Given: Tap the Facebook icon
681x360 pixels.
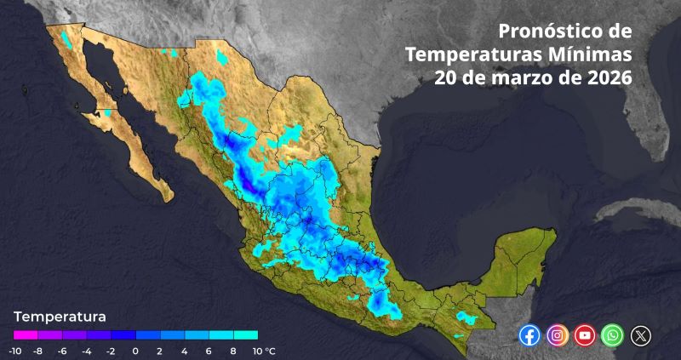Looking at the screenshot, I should coord(529,335).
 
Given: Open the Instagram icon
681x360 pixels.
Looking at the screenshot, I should coord(557,335).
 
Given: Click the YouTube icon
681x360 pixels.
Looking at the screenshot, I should coord(584,335).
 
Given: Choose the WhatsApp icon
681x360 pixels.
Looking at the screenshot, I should coord(612,335).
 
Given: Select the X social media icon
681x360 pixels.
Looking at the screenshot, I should coord(640,335).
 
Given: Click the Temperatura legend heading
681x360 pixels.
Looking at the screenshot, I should coord(60,316).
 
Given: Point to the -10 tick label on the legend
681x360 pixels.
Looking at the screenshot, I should coord(15,351).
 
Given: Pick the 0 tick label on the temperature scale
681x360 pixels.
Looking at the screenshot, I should coord(136,351).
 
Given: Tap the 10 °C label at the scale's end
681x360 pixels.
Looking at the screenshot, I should coord(262,351).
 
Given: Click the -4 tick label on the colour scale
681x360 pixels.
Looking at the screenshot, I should coord(87,351).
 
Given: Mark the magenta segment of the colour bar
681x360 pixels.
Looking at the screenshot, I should coord(26,335).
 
